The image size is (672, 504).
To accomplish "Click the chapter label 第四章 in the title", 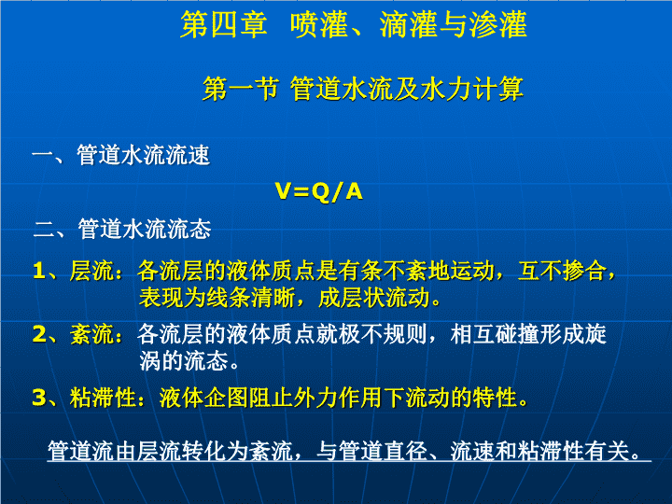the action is [x=224, y=24].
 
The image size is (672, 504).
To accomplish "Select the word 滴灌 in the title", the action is [x=408, y=24].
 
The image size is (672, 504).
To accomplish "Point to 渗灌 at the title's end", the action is [x=498, y=24].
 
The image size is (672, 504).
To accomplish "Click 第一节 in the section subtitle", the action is [x=241, y=90].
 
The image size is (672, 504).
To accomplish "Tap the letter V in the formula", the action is [x=285, y=190].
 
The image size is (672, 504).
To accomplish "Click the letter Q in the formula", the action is [x=321, y=191].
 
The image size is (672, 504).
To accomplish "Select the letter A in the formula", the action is [x=354, y=190].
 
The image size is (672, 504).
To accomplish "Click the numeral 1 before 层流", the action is [x=39, y=271].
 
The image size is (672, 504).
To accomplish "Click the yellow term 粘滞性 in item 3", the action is [x=104, y=398].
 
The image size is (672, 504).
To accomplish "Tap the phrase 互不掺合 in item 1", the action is [x=562, y=271].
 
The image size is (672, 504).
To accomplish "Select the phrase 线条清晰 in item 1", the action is [x=251, y=298].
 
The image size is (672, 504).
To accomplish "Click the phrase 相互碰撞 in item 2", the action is [x=495, y=334].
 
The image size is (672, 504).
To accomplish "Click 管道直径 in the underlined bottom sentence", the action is [x=384, y=451].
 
